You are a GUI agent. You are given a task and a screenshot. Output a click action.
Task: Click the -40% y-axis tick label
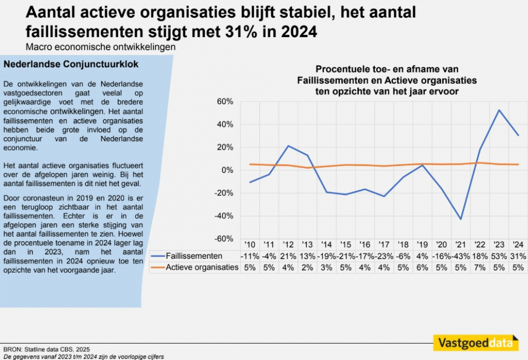coord(225,216)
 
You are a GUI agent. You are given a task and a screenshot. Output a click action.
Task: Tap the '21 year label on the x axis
coord(461,244)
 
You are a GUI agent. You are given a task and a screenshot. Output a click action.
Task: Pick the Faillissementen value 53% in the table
coord(498,256)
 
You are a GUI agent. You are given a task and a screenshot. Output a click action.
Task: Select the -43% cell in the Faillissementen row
coord(461,256)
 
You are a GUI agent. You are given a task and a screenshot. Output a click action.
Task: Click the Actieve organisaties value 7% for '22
coord(480,267)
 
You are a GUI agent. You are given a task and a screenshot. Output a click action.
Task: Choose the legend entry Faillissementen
coord(193,256)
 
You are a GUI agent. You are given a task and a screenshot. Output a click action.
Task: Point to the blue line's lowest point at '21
coord(461,219)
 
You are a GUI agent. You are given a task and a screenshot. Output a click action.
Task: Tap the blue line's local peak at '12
coord(288,146)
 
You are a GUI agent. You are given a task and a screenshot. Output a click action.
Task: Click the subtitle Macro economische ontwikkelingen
coord(101,46)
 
